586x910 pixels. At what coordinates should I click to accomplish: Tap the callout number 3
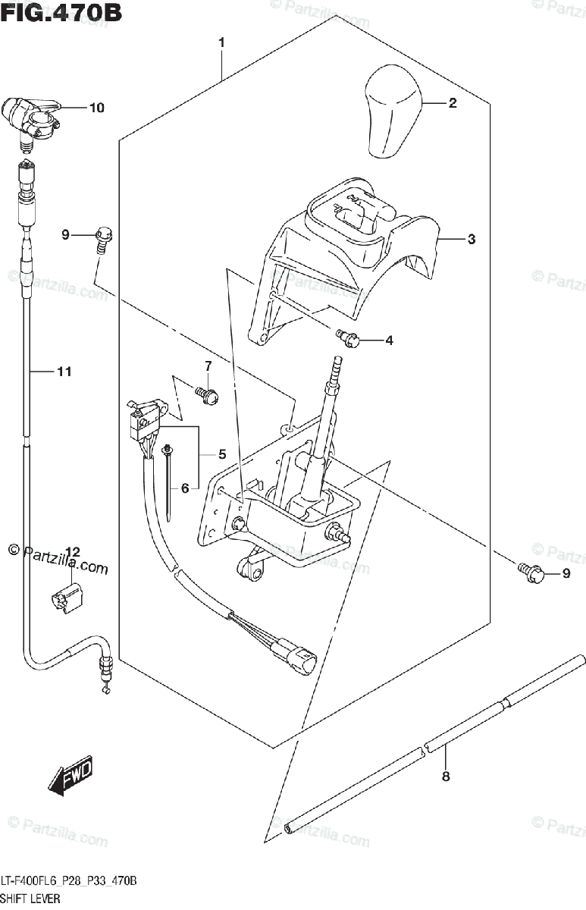point(471,240)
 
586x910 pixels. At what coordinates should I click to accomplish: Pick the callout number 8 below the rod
point(446,776)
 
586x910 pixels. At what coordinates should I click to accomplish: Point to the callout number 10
point(96,108)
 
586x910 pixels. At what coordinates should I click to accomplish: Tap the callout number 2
point(452,103)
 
